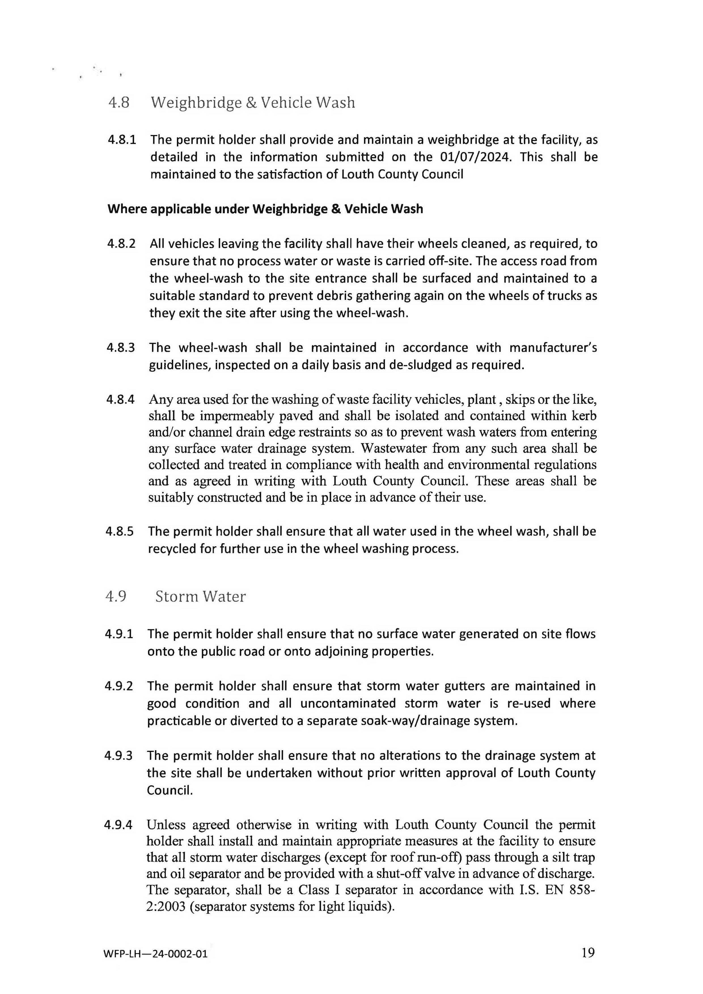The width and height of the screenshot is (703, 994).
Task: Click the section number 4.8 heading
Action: (x=118, y=103)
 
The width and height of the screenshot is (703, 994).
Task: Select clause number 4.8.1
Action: (x=122, y=140)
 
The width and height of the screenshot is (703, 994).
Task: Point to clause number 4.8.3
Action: (x=121, y=348)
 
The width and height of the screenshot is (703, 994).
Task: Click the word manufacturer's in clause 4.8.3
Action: (x=553, y=348)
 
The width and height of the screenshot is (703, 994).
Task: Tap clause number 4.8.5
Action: (x=119, y=531)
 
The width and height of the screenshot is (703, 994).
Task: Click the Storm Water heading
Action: (x=200, y=597)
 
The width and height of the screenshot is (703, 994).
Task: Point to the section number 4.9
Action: (x=116, y=597)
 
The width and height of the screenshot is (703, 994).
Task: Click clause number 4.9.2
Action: (x=118, y=686)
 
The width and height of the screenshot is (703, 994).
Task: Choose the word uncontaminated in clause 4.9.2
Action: (x=348, y=703)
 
